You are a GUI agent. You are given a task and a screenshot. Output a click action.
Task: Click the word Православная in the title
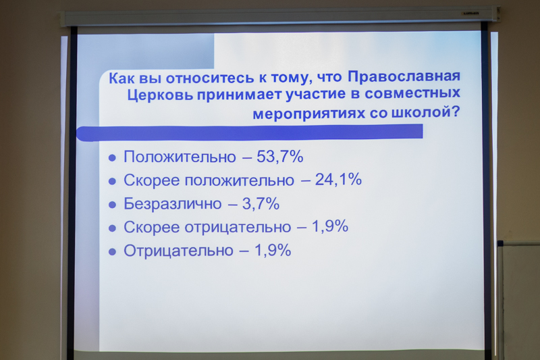(x=404, y=76)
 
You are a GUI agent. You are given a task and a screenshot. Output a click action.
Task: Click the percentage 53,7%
(x=279, y=157)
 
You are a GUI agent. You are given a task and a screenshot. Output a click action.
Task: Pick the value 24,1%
(x=338, y=180)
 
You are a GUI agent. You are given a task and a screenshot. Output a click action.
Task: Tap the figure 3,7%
(x=261, y=203)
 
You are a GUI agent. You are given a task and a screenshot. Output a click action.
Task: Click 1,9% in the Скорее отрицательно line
(x=330, y=226)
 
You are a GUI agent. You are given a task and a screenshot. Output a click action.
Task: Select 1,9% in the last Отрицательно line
(x=273, y=250)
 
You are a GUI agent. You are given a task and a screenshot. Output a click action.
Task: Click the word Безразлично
(x=173, y=203)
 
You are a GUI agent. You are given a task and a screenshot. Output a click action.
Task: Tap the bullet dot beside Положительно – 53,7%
(x=112, y=158)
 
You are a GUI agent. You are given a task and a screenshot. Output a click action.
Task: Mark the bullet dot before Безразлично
(x=112, y=205)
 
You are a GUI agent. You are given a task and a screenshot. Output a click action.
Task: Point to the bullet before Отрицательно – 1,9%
(x=112, y=252)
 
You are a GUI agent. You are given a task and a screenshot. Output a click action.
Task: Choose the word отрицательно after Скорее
(x=238, y=228)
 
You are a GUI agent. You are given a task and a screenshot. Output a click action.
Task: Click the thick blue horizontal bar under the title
(x=249, y=132)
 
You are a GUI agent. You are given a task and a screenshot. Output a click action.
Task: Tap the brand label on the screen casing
(x=470, y=13)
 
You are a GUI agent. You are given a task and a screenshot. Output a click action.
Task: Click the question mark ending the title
(x=456, y=111)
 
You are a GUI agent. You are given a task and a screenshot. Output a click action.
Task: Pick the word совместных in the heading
(x=412, y=93)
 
